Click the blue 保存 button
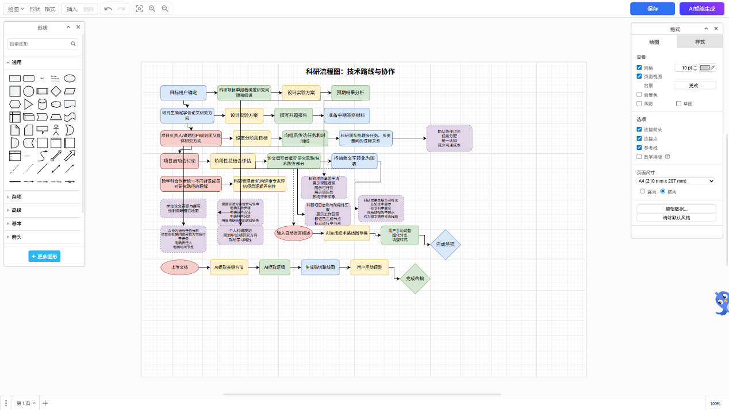(652, 9)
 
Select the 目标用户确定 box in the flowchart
(183, 92)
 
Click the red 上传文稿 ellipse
(179, 267)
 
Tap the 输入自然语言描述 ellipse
(293, 234)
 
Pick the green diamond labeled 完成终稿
(415, 279)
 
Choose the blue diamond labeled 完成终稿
(445, 244)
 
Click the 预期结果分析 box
(350, 92)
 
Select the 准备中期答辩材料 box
(346, 115)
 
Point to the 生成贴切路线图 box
(320, 267)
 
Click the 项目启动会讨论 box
(179, 161)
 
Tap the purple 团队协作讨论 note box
(449, 138)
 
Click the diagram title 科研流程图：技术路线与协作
(350, 72)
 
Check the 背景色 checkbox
(639, 95)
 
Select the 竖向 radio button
(643, 191)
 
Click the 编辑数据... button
(676, 208)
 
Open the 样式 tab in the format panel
(700, 42)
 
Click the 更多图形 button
(44, 257)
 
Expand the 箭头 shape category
(17, 237)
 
